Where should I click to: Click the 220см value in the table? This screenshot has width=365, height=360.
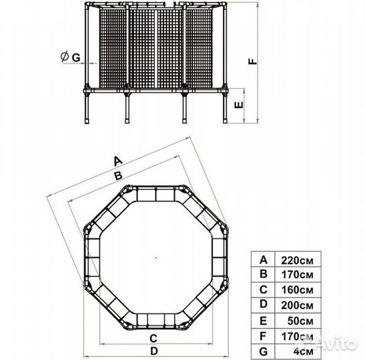click(297, 261)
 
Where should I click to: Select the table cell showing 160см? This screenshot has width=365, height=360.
click(297, 290)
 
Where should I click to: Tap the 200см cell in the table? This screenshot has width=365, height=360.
click(297, 305)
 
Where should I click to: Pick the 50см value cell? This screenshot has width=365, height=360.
click(300, 321)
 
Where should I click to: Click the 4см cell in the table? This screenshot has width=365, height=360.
click(303, 351)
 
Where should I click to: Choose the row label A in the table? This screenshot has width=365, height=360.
click(264, 260)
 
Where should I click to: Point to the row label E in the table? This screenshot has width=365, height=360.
click(264, 321)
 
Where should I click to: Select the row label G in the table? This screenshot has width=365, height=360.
click(264, 351)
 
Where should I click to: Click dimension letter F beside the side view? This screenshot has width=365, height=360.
click(253, 61)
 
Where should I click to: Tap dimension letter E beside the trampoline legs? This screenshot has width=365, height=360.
click(239, 105)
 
